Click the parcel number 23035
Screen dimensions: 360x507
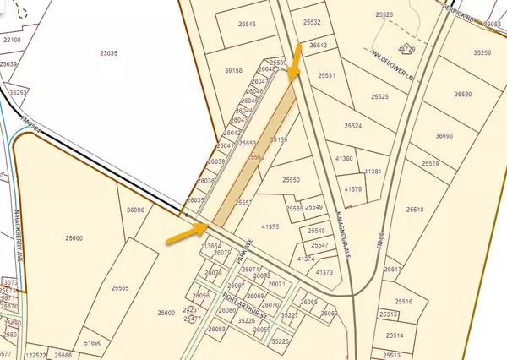pyautogui.click(x=108, y=52)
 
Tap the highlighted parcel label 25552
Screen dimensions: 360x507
pyautogui.click(x=256, y=156)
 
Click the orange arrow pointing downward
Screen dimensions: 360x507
pyautogui.click(x=294, y=64)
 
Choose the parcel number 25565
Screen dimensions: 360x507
pyautogui.click(x=118, y=289)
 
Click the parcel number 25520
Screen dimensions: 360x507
pyautogui.click(x=463, y=95)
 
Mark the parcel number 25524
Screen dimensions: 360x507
pyautogui.click(x=352, y=126)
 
